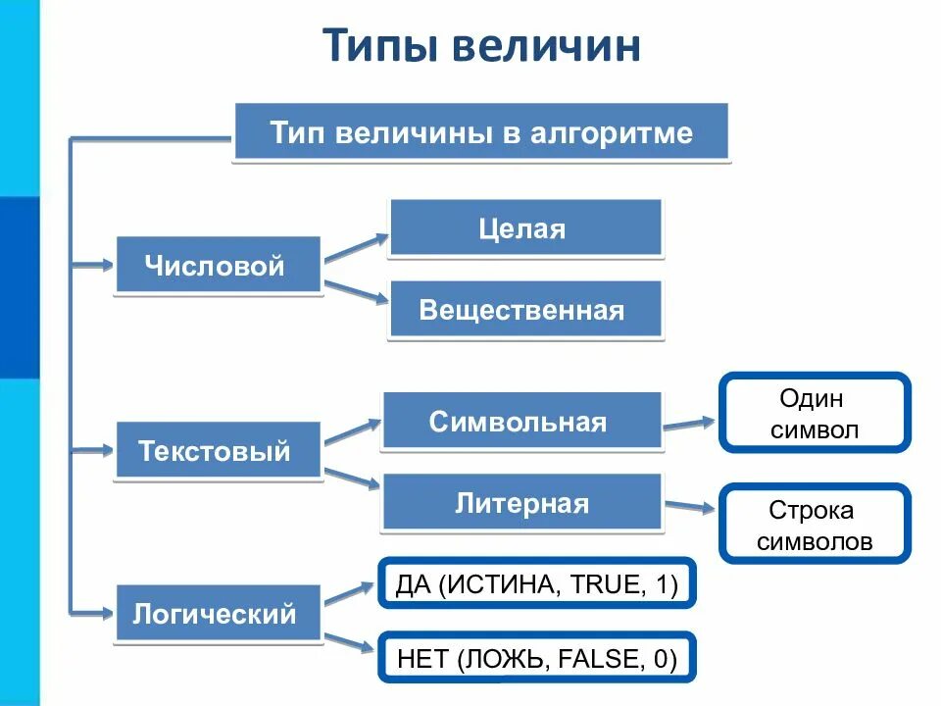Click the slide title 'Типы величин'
click(481, 45)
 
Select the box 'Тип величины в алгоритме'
click(481, 133)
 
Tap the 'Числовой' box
click(219, 265)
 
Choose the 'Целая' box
click(525, 229)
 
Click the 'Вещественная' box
click(525, 311)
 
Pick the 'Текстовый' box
click(219, 451)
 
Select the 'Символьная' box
click(521, 423)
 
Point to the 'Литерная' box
click(521, 504)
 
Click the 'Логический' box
click(219, 615)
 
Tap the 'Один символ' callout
click(815, 413)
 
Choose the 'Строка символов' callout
click(815, 525)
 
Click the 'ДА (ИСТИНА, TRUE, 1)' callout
click(536, 586)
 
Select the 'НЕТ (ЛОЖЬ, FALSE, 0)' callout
click(536, 658)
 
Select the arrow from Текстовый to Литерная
click(351, 478)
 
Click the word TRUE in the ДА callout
click(603, 586)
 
